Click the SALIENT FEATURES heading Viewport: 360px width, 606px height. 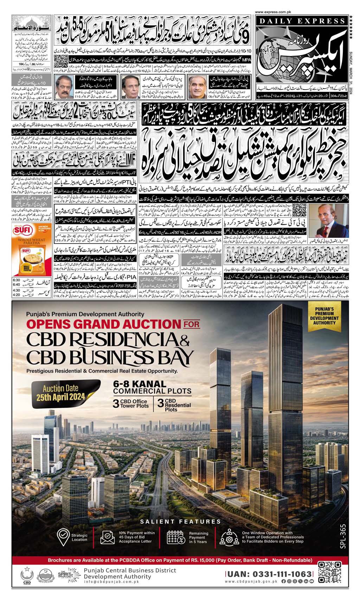(x=180, y=522)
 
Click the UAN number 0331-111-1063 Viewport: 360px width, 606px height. (x=269, y=574)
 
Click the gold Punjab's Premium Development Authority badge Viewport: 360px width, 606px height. (x=325, y=318)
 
